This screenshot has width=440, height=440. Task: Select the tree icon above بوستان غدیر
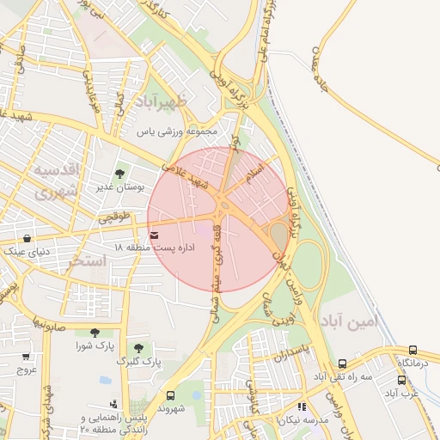[x=119, y=174]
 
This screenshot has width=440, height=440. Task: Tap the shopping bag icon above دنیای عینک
[x=27, y=239]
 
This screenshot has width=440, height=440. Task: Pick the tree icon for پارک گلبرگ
[x=138, y=348]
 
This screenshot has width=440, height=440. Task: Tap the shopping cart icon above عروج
[x=26, y=356]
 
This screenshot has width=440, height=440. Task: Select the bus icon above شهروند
[x=170, y=396]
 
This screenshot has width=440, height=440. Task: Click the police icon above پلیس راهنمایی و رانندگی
[x=113, y=403]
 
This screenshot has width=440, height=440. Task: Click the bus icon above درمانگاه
[x=413, y=351]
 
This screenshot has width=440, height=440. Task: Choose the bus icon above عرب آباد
[x=401, y=380]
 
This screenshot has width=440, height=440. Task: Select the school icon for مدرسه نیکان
[x=302, y=406]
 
